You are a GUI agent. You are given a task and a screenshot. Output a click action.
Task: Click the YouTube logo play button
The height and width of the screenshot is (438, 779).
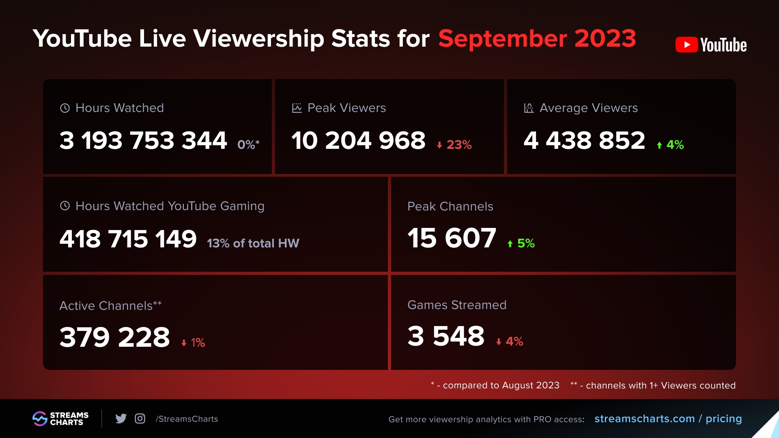point(686,45)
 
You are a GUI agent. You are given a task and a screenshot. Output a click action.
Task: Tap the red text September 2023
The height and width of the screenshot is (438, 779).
point(537,39)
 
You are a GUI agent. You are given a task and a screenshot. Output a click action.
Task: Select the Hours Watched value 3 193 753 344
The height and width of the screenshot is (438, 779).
point(143,141)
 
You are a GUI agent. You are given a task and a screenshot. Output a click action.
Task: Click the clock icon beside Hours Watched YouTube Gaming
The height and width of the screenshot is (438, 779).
point(65,206)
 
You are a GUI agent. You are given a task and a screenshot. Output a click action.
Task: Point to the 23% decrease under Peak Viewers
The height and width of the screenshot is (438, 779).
point(454,145)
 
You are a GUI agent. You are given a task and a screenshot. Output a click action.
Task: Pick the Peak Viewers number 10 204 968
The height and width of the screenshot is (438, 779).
point(358,141)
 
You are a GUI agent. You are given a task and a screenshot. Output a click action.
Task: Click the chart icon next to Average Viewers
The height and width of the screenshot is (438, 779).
point(529,108)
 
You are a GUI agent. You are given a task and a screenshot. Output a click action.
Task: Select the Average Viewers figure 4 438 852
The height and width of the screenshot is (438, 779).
point(584,141)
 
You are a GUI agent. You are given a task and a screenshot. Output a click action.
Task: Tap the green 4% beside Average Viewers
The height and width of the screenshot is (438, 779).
point(671,145)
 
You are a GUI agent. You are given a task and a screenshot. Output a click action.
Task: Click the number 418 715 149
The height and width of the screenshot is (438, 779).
point(128,239)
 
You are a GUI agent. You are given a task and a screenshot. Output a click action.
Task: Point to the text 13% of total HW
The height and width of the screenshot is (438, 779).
point(253,243)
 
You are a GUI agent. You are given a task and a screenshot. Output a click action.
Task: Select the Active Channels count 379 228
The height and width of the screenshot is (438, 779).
point(114,337)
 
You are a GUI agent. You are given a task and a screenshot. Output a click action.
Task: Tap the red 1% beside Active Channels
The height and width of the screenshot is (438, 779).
point(194,343)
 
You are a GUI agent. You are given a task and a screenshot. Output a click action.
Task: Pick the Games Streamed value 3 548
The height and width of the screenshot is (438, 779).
point(446,336)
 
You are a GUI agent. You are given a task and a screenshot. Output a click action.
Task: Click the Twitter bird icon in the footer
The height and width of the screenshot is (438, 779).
point(121,419)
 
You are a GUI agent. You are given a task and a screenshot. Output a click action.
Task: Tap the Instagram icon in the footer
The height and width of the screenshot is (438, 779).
point(140,419)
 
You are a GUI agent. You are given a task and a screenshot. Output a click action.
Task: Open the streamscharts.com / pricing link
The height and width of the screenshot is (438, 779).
point(668,419)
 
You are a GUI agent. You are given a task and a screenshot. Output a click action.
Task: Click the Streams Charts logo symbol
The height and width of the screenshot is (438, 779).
point(40,419)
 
